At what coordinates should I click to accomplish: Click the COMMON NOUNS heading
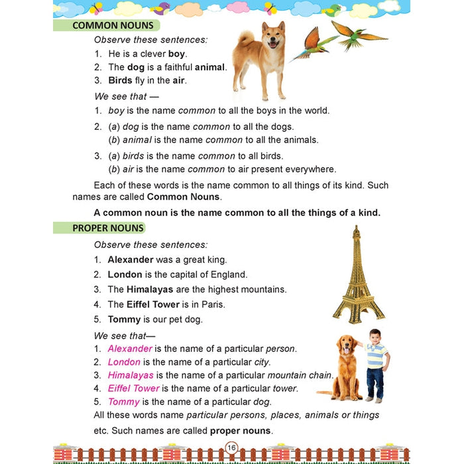(x=113, y=26)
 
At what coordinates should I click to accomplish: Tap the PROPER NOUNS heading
(x=108, y=228)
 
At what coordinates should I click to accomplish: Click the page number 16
(x=231, y=447)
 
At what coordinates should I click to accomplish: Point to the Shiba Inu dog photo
(x=259, y=63)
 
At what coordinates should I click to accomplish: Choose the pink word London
(x=124, y=362)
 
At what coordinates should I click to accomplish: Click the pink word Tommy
(x=123, y=402)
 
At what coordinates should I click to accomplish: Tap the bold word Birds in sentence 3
(x=120, y=80)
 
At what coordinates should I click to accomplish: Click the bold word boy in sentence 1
(x=177, y=54)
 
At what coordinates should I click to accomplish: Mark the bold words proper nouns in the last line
(x=241, y=431)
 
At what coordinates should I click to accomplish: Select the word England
(x=229, y=274)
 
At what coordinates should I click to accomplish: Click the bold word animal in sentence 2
(x=210, y=67)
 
